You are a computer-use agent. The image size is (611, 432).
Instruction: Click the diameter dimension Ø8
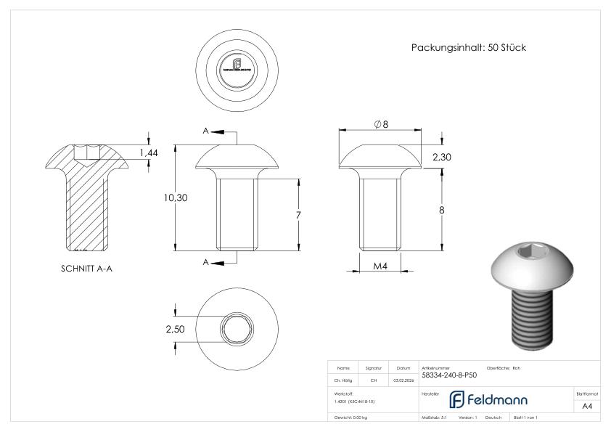(381, 124)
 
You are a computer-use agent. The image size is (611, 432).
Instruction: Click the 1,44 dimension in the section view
(149, 152)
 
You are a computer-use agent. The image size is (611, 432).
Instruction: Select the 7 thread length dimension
(298, 215)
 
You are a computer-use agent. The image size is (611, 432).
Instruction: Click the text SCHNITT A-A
(86, 268)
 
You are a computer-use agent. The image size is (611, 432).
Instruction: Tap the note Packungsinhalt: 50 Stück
(468, 48)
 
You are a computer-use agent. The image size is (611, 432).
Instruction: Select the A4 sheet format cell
(587, 406)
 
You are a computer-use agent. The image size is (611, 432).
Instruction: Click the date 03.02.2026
(403, 379)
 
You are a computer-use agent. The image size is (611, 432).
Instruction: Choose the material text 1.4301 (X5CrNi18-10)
(355, 401)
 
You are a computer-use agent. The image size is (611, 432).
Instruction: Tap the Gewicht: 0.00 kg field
(351, 419)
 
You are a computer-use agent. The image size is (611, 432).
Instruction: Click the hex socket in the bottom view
(236, 325)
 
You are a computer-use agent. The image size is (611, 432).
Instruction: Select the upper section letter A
(206, 131)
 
